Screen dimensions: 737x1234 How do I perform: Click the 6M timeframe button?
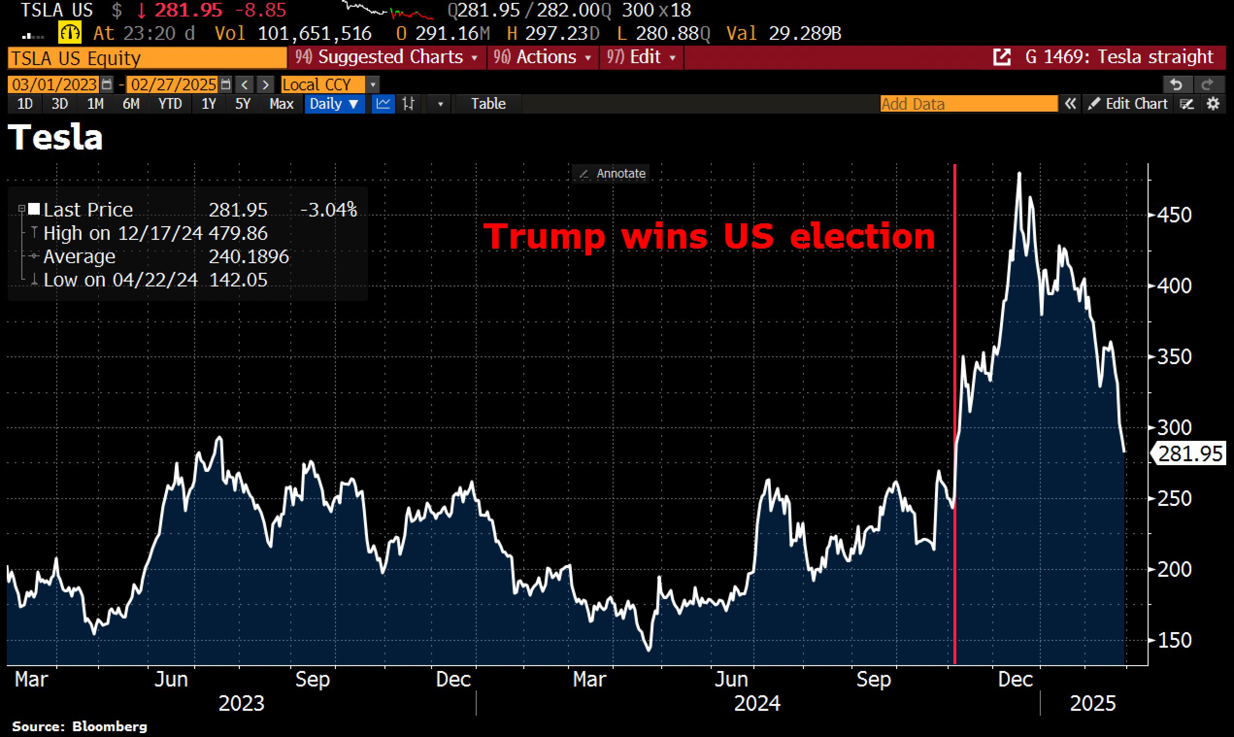(131, 104)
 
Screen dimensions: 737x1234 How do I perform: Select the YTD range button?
(170, 104)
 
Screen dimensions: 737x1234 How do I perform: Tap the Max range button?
(281, 104)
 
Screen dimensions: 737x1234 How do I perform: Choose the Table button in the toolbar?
(488, 104)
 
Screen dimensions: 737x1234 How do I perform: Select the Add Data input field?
(968, 104)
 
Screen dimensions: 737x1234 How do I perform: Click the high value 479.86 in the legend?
(238, 233)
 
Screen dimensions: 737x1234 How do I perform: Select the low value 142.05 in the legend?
(238, 280)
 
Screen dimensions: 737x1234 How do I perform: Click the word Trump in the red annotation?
(544, 236)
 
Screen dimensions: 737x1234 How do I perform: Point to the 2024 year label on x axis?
(757, 703)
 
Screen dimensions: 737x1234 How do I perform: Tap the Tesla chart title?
(56, 137)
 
